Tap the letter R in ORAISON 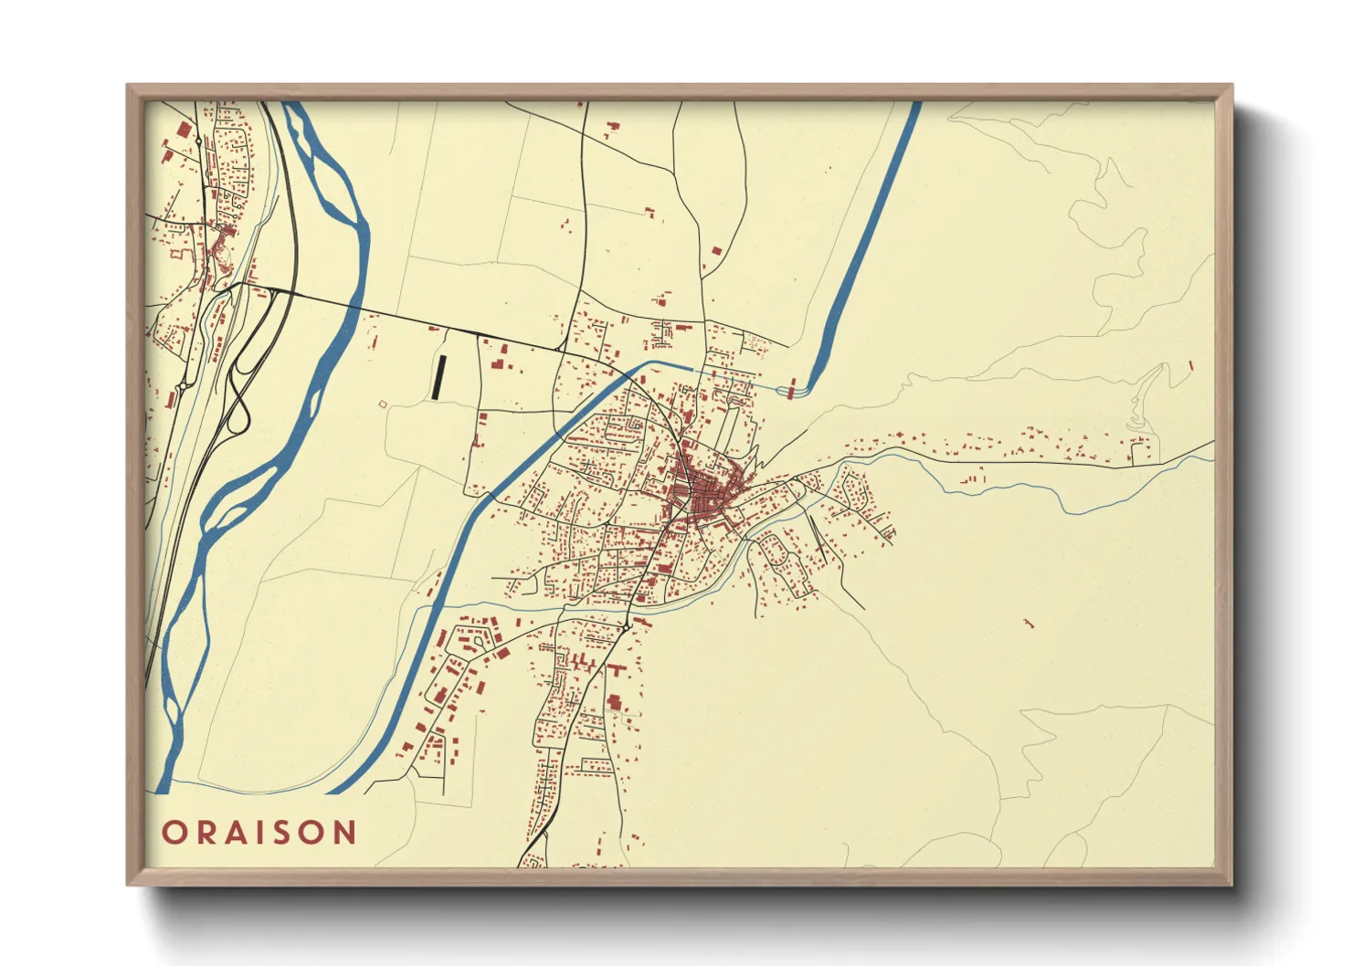click(x=206, y=833)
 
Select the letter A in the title click(x=236, y=833)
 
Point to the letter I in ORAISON click(x=260, y=833)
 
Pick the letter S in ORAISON click(x=283, y=833)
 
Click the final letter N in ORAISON click(x=343, y=833)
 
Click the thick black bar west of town click(x=438, y=376)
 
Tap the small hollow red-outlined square click(x=383, y=404)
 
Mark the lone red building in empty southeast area click(x=1029, y=624)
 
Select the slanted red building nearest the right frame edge click(x=1191, y=364)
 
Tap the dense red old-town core click(x=703, y=498)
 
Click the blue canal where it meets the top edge click(x=915, y=104)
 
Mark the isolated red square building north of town click(x=715, y=248)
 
